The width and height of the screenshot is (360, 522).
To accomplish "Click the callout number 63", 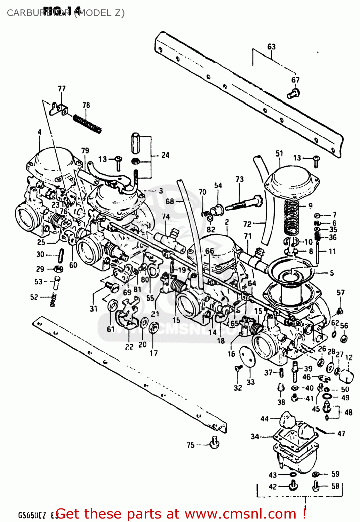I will click(x=271, y=47).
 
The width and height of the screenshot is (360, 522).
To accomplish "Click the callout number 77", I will click(x=62, y=88).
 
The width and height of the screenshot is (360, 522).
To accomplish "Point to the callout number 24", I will click(x=165, y=155).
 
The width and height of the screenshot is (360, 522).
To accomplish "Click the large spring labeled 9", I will click(x=291, y=217).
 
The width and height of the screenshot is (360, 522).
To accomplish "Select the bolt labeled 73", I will click(x=243, y=203).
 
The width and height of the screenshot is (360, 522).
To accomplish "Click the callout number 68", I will click(x=170, y=201).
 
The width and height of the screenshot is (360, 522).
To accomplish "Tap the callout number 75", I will click(x=191, y=445).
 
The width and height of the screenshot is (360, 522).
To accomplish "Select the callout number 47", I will click(x=341, y=433).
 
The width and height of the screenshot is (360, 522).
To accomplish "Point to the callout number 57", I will click(x=341, y=293).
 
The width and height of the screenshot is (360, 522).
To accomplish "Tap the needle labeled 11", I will click(x=318, y=252).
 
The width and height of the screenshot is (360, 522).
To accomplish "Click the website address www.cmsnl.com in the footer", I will click(x=240, y=514).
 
